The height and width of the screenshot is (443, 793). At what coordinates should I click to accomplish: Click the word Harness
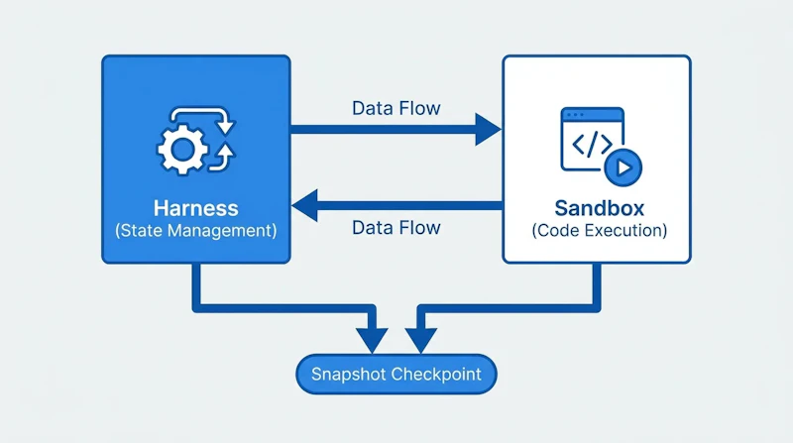[195, 208]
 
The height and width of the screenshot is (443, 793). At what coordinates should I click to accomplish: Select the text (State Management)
[195, 231]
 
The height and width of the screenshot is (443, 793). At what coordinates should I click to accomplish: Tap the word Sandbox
[600, 208]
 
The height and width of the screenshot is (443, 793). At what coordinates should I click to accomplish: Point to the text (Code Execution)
[600, 231]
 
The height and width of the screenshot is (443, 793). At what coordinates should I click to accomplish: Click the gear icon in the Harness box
[182, 150]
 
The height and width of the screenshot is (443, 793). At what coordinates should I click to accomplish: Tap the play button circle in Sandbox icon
[623, 167]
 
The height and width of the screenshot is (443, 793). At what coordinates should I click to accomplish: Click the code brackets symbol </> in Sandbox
[592, 144]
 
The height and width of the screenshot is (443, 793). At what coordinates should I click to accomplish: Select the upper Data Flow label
[396, 108]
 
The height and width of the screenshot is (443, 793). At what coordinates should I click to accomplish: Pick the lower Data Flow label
[396, 228]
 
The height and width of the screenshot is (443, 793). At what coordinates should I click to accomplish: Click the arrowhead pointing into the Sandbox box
[488, 130]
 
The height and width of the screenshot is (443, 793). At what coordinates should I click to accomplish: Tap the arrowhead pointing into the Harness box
[305, 205]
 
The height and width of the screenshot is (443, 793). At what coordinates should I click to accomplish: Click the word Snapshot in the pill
[348, 375]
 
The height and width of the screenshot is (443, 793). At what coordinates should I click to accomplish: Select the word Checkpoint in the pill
[436, 375]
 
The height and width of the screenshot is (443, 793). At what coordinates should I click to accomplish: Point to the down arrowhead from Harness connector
[372, 340]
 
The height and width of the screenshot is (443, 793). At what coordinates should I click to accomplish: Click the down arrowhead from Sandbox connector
[420, 340]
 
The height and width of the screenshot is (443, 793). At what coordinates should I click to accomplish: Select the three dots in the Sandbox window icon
[575, 115]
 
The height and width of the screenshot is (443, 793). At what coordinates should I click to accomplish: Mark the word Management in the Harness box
[222, 231]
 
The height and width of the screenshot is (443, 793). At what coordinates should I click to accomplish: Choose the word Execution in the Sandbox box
[625, 231]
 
